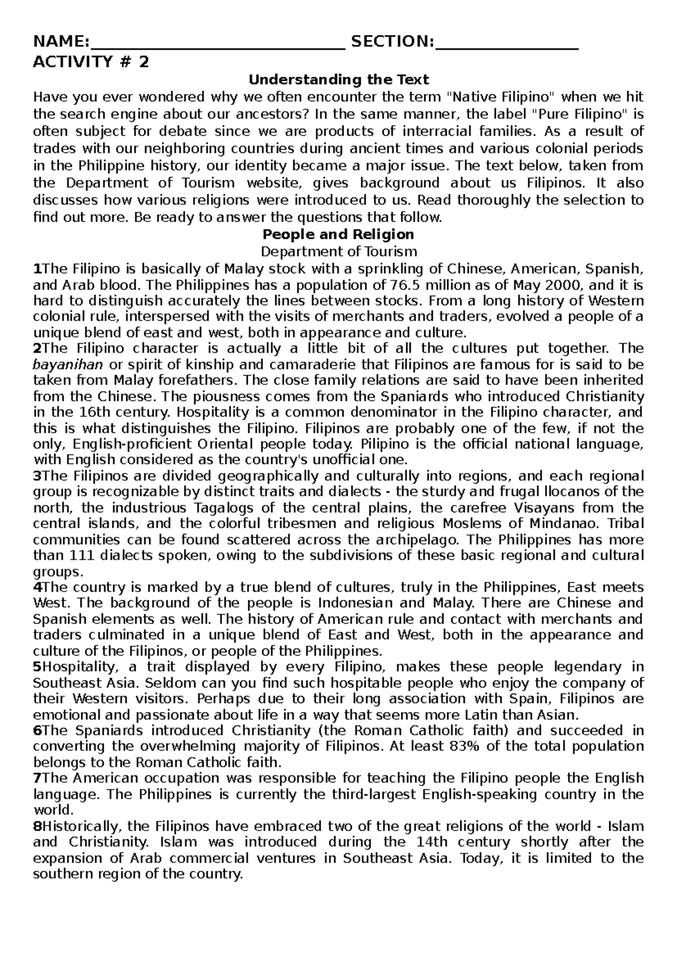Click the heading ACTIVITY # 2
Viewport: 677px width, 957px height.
click(91, 62)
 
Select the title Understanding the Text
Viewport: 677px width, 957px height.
click(339, 80)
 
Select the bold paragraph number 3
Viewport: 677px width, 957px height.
click(37, 475)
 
